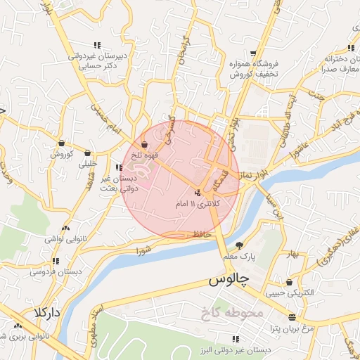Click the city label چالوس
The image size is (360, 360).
pos(229,280)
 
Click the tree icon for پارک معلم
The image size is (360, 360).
pos(240,245)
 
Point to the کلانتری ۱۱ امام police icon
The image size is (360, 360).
pos(198,192)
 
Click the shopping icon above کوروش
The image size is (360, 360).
pos(61,143)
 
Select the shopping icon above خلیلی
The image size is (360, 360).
pos(88,153)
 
